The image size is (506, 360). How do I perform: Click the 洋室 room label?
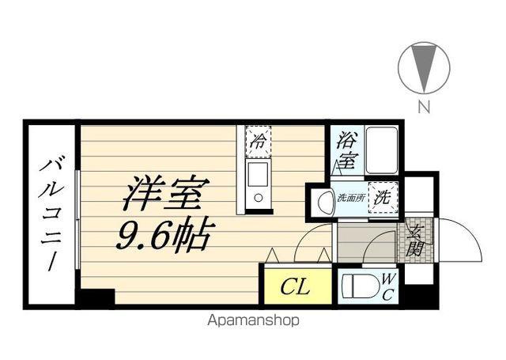(x=166, y=193)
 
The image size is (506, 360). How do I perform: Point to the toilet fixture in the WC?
(x=361, y=286)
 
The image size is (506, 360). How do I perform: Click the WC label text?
(x=387, y=286)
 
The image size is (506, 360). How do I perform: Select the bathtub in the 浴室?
(x=382, y=150)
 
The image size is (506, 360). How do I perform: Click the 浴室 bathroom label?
(x=347, y=151)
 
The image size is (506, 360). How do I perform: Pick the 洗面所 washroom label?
(x=350, y=198)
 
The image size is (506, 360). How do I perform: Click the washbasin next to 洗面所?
(x=326, y=203)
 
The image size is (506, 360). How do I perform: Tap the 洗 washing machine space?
(x=383, y=197)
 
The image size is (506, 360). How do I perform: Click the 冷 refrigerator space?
(x=259, y=142)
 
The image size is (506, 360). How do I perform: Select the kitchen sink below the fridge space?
(x=257, y=184)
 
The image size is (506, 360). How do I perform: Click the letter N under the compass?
(x=425, y=106)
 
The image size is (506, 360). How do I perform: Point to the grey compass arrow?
(x=424, y=67)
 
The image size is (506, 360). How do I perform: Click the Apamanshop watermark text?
(x=253, y=320)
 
